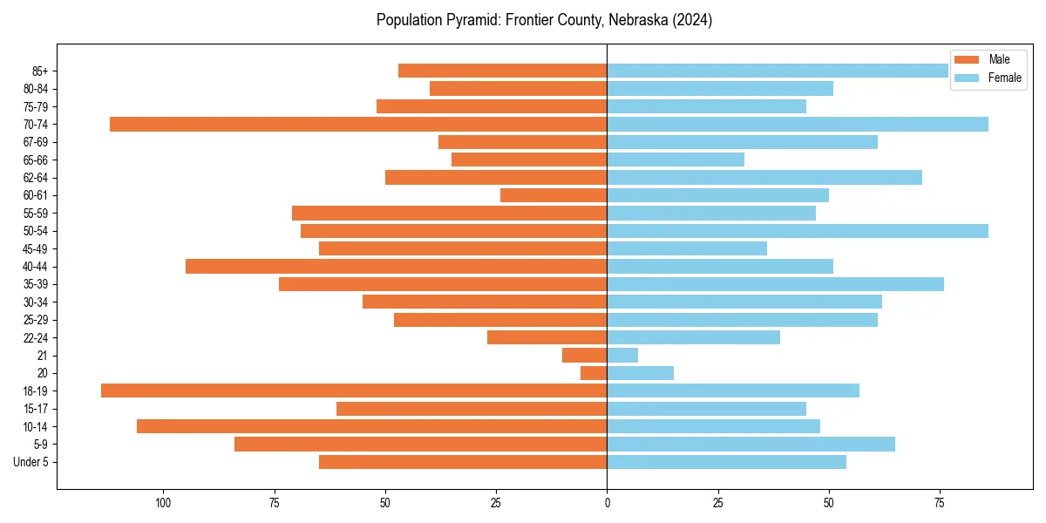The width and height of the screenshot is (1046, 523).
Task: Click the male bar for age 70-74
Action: (x=358, y=124)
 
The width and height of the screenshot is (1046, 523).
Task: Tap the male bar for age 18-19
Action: (x=354, y=391)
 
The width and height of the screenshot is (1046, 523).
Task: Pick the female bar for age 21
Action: (x=622, y=355)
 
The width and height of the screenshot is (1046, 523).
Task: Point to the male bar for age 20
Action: (x=594, y=373)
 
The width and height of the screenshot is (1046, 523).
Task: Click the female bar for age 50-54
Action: (x=798, y=231)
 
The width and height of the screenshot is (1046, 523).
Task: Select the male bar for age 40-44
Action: (x=396, y=266)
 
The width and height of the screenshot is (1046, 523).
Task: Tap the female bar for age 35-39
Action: (x=775, y=284)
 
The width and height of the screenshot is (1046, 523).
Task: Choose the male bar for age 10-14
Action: (x=371, y=426)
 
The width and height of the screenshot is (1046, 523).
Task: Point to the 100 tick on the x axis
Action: (x=163, y=503)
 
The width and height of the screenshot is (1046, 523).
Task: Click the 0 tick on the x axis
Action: (x=607, y=503)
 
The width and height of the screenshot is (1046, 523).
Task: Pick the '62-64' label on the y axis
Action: (x=37, y=178)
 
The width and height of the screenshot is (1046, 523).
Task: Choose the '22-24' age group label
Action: (x=37, y=337)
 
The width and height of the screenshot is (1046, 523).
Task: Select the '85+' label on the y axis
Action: (x=40, y=71)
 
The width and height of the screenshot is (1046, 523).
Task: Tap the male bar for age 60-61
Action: (x=554, y=195)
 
